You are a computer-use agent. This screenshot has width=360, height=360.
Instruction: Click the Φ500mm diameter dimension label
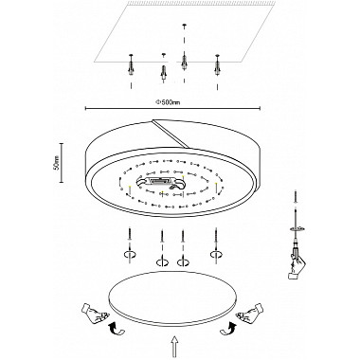coord(168,102)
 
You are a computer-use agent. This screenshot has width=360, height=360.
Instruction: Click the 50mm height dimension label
coord(56,163)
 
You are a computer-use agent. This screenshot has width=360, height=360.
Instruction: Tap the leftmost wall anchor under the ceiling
coord(131,65)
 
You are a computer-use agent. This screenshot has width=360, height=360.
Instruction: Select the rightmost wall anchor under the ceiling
coord(217,65)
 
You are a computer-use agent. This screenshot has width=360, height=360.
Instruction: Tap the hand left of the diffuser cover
coord(94,314)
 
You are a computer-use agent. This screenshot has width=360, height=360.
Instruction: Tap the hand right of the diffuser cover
coord(250,314)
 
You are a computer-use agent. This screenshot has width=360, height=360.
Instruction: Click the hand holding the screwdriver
coord(297,267)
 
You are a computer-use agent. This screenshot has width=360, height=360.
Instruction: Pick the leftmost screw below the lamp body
coord(130,235)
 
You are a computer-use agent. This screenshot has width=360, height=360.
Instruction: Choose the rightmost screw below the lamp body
coord(216,235)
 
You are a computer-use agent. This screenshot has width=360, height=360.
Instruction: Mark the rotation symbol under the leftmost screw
coord(130,254)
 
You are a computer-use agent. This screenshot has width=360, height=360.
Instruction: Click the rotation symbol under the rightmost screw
coord(217,254)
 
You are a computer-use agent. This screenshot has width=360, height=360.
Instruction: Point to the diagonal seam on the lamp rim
coord(170,133)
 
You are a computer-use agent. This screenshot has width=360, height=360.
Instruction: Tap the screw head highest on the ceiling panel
coord(184,26)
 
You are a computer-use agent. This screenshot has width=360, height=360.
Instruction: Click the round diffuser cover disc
coord(172,298)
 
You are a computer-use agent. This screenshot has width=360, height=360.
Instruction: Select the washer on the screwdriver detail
coord(297,228)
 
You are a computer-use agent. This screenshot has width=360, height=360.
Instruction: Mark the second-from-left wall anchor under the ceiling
coord(164,73)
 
